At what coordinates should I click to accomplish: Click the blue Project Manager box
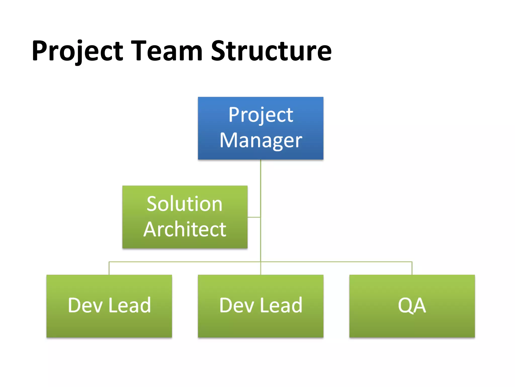tap(261, 128)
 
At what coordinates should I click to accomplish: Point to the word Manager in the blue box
tap(261, 140)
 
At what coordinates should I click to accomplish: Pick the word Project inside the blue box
tap(261, 115)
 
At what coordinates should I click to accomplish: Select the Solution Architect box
tap(185, 217)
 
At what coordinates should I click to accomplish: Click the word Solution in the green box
tap(185, 204)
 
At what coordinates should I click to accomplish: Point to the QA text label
tap(412, 305)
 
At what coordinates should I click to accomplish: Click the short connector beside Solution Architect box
tap(254, 217)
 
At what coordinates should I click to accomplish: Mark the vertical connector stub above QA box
tap(412, 268)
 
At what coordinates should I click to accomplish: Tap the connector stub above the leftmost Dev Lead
tap(109, 268)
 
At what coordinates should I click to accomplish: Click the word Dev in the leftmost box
tap(85, 305)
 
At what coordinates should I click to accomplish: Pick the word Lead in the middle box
tap(281, 305)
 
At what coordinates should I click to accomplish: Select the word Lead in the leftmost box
tap(130, 305)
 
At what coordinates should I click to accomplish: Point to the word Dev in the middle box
tap(237, 305)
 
